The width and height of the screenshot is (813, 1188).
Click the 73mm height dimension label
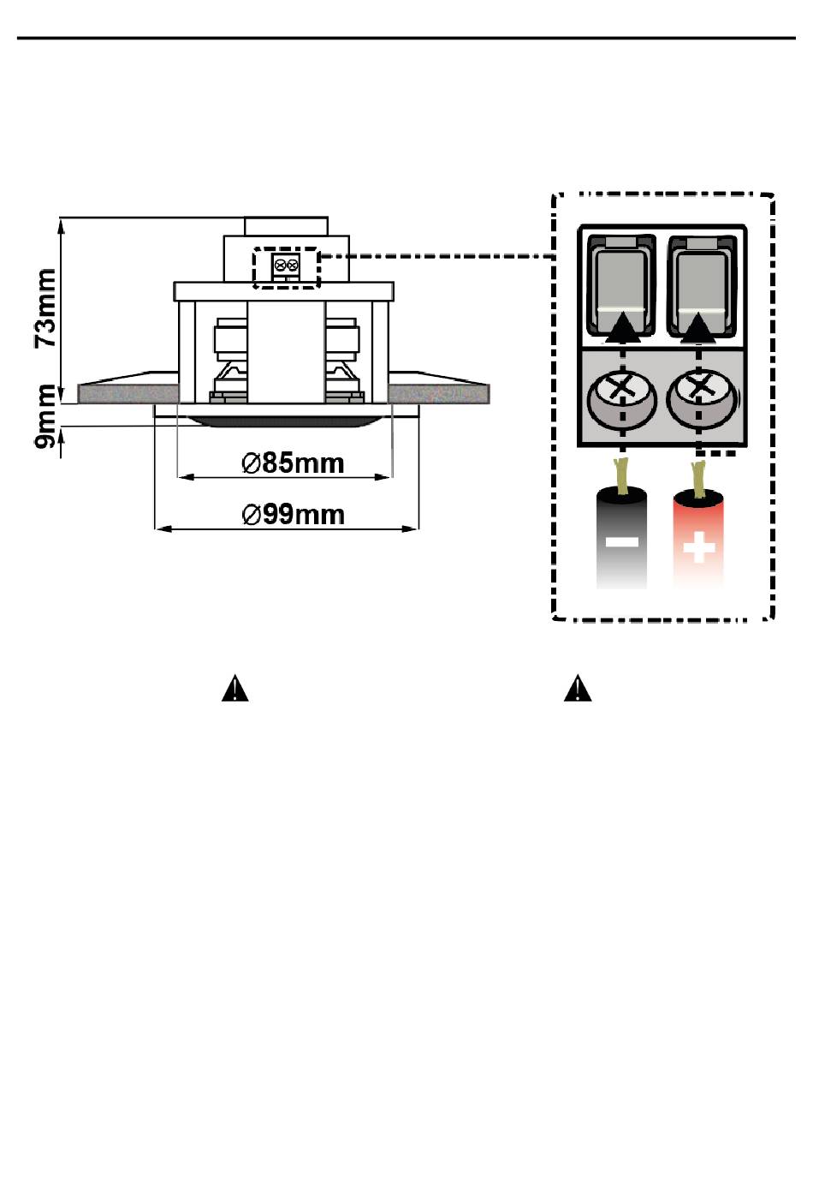tap(45, 308)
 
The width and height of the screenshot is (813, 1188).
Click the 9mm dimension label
tap(45, 416)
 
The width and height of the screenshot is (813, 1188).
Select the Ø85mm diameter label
tap(293, 463)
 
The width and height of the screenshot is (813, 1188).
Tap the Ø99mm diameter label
tap(293, 515)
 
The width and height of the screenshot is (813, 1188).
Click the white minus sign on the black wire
tap(621, 541)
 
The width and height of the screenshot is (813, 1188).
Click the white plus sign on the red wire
tap(698, 546)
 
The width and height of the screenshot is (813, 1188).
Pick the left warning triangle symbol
tap(234, 688)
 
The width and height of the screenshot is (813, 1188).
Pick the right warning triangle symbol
tap(578, 688)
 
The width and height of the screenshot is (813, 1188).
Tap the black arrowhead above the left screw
tap(623, 326)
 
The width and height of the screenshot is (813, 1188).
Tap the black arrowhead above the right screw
tap(698, 326)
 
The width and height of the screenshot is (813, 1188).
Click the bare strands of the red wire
tap(698, 479)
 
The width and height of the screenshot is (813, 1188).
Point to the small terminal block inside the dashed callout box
tap(286, 266)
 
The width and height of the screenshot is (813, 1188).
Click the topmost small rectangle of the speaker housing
tap(286, 226)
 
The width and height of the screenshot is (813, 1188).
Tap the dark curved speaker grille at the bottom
tap(285, 420)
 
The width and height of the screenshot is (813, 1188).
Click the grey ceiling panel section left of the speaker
tap(128, 394)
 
